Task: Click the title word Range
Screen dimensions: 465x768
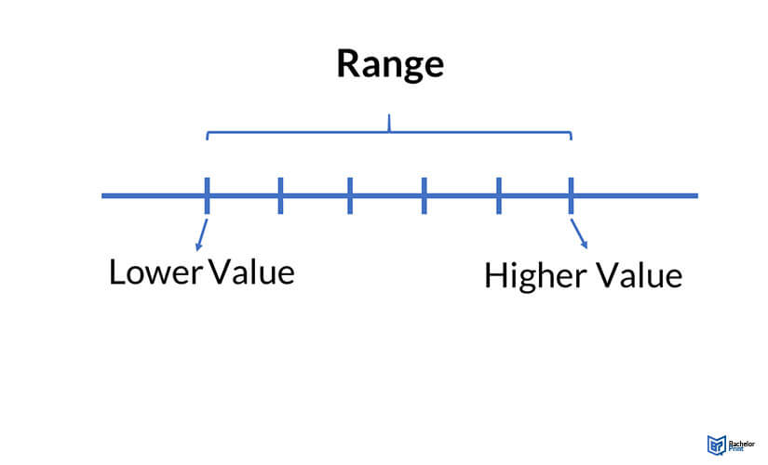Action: pos(389,63)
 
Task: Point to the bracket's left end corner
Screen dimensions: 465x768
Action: pos(207,134)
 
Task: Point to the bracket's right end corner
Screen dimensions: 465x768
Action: pos(571,134)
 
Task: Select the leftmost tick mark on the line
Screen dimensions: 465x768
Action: pos(207,195)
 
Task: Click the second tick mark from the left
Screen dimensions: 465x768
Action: pos(280,195)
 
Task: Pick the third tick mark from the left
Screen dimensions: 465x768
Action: pos(350,195)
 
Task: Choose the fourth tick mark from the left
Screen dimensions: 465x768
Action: pos(424,195)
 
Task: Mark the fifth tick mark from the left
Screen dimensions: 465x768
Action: pos(499,195)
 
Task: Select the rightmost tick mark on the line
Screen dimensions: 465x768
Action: pos(571,195)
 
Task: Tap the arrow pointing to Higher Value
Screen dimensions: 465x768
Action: pos(581,235)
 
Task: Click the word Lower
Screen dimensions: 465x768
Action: pos(155,272)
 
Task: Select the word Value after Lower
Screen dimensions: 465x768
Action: pos(251,272)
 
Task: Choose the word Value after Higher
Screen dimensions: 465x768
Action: pos(639,276)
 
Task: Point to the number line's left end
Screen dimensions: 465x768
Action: pos(103,195)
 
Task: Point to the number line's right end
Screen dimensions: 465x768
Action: pos(696,195)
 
